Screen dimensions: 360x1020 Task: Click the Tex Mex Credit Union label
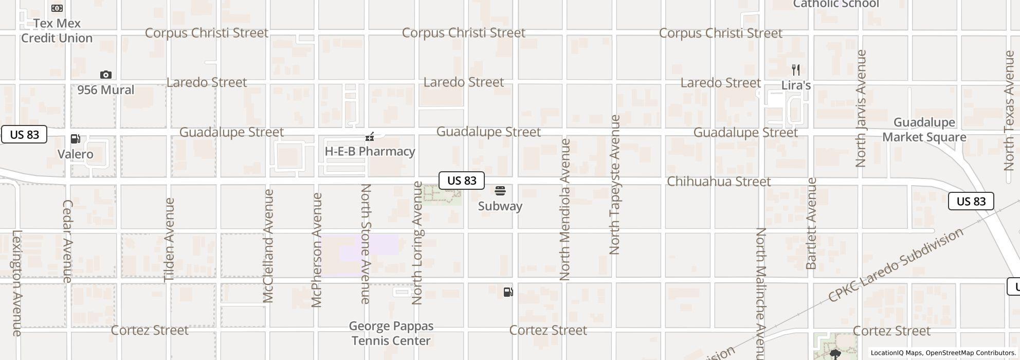(x=57, y=30)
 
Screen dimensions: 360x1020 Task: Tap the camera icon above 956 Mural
(x=105, y=75)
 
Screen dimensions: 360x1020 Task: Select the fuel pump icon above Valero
(x=76, y=139)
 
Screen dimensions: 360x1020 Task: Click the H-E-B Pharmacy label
(x=370, y=151)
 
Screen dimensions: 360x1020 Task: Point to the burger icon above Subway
(x=500, y=191)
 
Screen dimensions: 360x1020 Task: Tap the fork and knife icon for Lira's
(x=796, y=70)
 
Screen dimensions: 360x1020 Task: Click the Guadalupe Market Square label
(x=924, y=130)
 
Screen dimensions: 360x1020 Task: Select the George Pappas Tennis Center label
(x=391, y=333)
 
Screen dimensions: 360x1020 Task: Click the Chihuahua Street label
(x=718, y=182)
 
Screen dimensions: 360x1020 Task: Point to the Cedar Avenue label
(x=67, y=241)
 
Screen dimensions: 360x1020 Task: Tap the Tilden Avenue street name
(x=169, y=240)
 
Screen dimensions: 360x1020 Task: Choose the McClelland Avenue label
(x=268, y=246)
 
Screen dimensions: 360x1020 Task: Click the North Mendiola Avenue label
(x=565, y=209)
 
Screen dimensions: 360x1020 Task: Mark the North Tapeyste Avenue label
(x=614, y=185)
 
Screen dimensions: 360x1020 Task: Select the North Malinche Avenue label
(x=761, y=293)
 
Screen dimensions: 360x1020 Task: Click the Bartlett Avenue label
(x=811, y=223)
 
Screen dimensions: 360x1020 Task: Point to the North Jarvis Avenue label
(x=861, y=109)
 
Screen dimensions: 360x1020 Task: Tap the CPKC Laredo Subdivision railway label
(x=896, y=265)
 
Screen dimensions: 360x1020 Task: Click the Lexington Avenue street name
(x=16, y=283)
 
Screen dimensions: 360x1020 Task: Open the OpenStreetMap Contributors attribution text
(x=969, y=353)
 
